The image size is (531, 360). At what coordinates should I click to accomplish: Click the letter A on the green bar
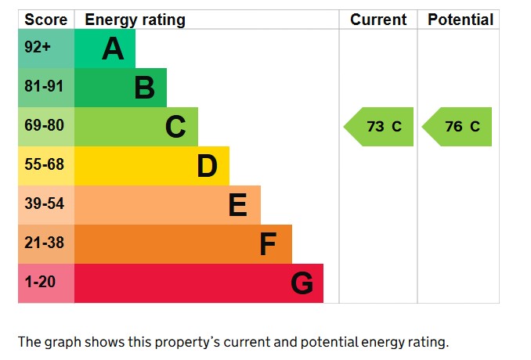(113, 49)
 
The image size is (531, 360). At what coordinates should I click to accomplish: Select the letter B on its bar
(144, 88)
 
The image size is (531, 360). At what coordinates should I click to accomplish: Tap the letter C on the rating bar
(175, 127)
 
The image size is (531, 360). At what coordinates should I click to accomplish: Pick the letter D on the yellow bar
(207, 166)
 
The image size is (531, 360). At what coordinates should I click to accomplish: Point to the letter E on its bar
(238, 205)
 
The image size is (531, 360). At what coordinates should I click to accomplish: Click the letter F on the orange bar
(268, 244)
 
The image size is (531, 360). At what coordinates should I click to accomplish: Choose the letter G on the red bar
(302, 283)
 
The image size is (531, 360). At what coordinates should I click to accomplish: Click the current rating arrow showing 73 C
(379, 127)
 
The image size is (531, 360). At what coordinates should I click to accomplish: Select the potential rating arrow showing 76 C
(458, 127)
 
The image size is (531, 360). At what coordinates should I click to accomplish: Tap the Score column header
(46, 20)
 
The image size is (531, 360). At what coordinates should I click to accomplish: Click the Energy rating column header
(135, 20)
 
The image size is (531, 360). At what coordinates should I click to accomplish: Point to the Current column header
(378, 20)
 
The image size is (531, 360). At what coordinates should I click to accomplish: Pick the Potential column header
(461, 20)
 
